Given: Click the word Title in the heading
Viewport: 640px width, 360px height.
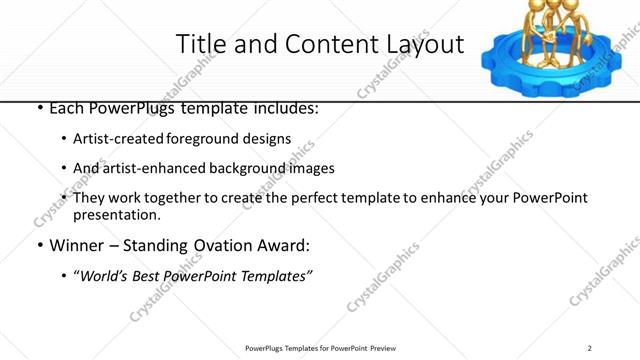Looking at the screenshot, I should pyautogui.click(x=200, y=45).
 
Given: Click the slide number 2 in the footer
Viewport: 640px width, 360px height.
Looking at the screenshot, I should pyautogui.click(x=590, y=348).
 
